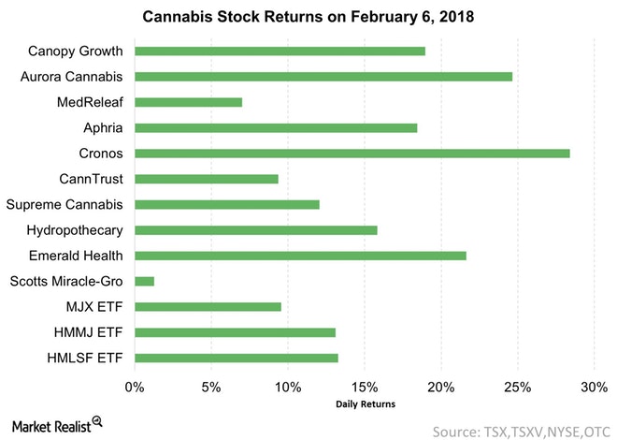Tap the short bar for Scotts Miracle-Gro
click(x=145, y=280)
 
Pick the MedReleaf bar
click(x=189, y=101)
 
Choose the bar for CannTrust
click(x=207, y=178)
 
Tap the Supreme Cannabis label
click(x=69, y=204)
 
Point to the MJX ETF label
click(x=99, y=306)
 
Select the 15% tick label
click(x=365, y=386)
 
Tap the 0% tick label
click(x=135, y=386)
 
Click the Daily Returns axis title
click(x=366, y=404)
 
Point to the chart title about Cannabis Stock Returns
click(x=308, y=16)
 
